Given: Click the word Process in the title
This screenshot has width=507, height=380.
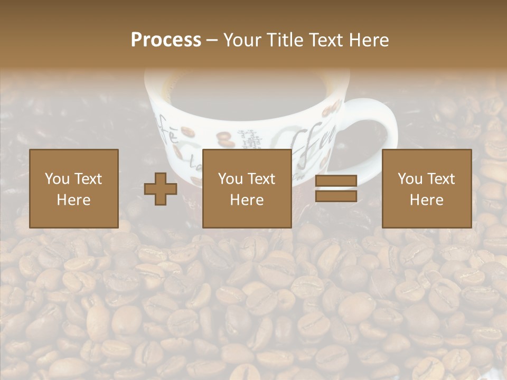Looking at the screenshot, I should click(166, 40).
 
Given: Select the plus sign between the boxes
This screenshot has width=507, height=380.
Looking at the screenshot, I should click(161, 189).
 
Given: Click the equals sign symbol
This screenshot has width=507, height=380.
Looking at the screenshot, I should click(336, 189).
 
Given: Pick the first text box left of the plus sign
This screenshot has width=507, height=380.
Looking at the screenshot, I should click(73, 188).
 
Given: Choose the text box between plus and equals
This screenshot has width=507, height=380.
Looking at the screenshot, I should click(247, 188).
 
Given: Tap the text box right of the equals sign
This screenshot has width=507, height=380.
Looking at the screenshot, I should click(426, 188).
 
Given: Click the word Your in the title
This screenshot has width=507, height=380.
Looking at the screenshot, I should click(241, 40).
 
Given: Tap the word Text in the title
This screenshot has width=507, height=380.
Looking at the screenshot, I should click(325, 40).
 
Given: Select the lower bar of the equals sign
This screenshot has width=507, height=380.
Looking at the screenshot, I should click(336, 196).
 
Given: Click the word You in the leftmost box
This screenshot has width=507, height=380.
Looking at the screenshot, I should click(57, 179).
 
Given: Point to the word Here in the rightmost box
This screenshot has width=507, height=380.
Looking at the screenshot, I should click(426, 200).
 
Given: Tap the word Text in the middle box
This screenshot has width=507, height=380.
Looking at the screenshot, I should click(262, 179).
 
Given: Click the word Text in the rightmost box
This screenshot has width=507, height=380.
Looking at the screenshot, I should click(442, 179).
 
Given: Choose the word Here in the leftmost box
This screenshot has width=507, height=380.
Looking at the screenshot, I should click(73, 200).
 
